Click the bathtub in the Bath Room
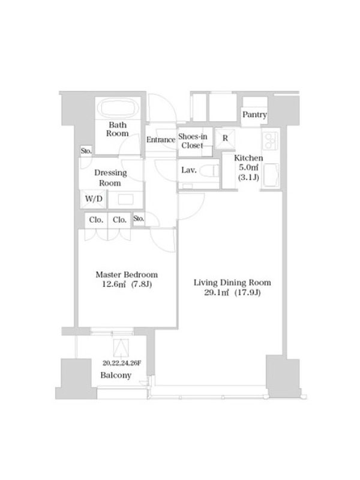[118, 108]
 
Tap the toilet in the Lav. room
[209, 170]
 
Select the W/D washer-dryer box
[94, 199]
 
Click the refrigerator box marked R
[225, 139]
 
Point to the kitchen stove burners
[271, 140]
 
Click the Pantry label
[254, 115]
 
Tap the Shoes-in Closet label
[193, 141]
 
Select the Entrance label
[161, 140]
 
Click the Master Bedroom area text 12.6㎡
[113, 284]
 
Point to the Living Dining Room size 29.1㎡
[217, 292]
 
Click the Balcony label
[116, 375]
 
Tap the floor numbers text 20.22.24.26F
[122, 364]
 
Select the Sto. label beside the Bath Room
[86, 151]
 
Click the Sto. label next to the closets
[139, 218]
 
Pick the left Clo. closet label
[96, 220]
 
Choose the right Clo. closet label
[119, 220]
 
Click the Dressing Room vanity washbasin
[125, 200]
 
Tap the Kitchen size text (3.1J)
[248, 177]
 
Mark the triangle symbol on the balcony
[121, 348]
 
